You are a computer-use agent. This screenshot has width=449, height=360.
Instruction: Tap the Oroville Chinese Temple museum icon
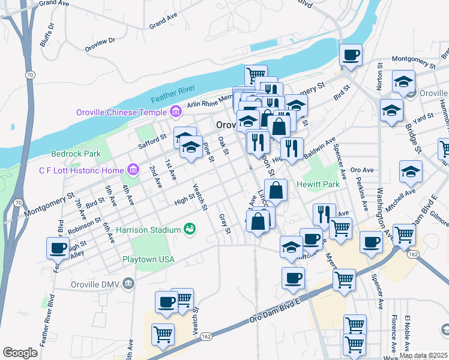(175, 112)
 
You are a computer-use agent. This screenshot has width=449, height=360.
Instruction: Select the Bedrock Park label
(76, 154)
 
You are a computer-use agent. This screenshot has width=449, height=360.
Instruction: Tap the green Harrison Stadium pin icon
(190, 229)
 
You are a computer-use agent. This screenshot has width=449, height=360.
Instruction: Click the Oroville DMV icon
(128, 283)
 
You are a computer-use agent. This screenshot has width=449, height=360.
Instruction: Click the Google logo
(20, 352)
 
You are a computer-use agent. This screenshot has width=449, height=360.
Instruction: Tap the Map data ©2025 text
(423, 355)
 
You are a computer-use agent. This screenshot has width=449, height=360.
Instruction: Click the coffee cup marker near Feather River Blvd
(58, 247)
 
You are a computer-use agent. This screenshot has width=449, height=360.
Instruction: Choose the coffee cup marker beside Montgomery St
(351, 55)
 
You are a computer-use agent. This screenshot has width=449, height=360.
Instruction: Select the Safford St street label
(152, 140)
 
